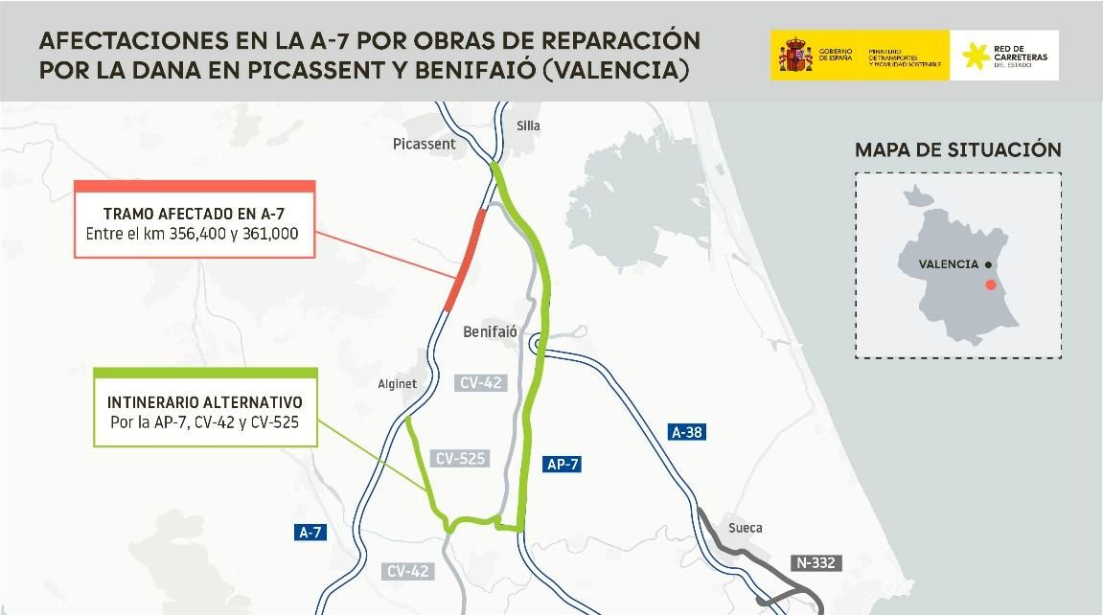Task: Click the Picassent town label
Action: click(424, 144)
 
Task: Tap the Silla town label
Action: click(528, 125)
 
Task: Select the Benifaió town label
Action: click(490, 331)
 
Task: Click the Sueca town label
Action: click(745, 528)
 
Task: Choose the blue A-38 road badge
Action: click(687, 432)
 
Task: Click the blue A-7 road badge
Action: click(309, 534)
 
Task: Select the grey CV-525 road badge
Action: click(460, 459)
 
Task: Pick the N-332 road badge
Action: click(816, 562)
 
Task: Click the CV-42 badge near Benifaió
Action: click(481, 383)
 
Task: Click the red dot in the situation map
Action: click(991, 285)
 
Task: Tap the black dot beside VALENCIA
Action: click(988, 264)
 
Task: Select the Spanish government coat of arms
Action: click(794, 55)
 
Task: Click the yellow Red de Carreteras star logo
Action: click(977, 56)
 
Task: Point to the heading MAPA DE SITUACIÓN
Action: click(957, 150)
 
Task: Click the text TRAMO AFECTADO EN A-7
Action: click(194, 214)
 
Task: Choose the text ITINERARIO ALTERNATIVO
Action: click(205, 402)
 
